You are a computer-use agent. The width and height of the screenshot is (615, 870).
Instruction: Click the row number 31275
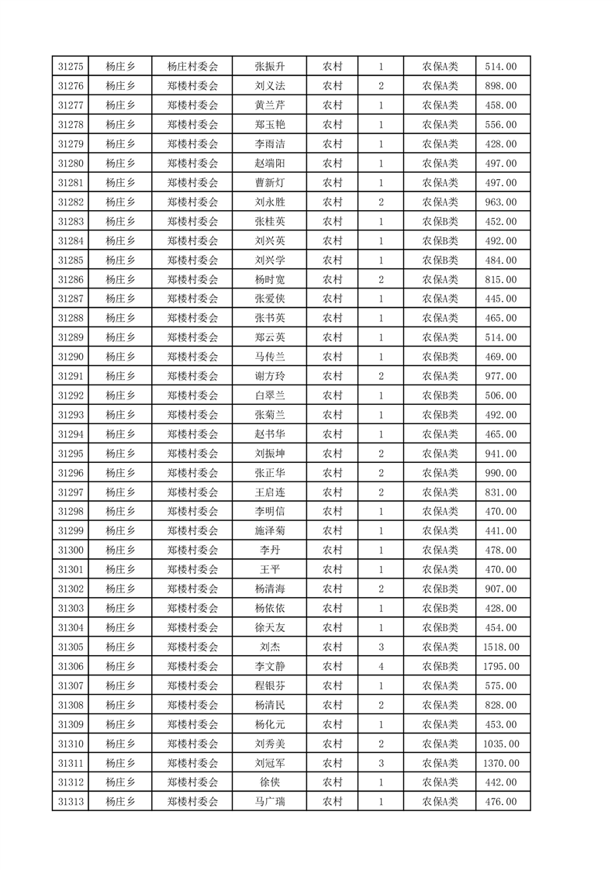70,67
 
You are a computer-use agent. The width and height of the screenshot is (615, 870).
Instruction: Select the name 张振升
269,67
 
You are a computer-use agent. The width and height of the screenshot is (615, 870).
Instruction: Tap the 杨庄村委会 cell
192,67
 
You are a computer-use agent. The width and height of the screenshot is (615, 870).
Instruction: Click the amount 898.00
502,86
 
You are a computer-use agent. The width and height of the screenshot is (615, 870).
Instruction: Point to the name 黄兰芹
269,105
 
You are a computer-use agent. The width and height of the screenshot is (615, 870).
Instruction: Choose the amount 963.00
502,202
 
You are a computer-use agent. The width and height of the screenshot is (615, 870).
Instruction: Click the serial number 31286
70,280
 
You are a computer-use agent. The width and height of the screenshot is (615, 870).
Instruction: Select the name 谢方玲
269,376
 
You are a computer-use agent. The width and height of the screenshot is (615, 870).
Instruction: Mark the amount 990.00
502,473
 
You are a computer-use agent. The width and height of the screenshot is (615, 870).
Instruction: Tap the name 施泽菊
269,531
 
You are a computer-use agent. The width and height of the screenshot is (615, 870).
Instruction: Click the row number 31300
70,551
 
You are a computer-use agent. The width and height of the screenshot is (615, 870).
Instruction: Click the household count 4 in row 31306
381,666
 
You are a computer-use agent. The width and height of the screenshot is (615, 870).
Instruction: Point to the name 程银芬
269,685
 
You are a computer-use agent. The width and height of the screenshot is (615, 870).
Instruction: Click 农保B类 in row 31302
440,589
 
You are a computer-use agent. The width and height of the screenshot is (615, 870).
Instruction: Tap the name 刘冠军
269,763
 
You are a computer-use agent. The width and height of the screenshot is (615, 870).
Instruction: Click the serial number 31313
70,802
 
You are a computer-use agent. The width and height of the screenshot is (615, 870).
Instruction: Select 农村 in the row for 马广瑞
332,802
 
